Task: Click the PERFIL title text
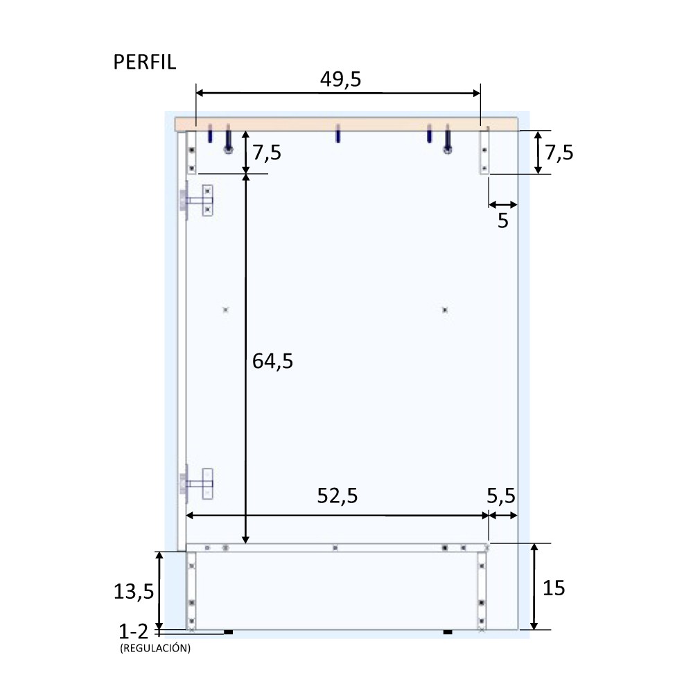(x=145, y=62)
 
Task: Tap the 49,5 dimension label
(x=340, y=80)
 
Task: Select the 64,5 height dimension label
(x=272, y=361)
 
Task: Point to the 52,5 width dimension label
(x=337, y=496)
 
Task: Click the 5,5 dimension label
(x=501, y=496)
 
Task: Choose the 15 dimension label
(x=553, y=588)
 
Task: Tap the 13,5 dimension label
(x=134, y=591)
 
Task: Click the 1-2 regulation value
(x=133, y=632)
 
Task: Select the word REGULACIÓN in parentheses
(x=155, y=649)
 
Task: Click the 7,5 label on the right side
(x=559, y=153)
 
